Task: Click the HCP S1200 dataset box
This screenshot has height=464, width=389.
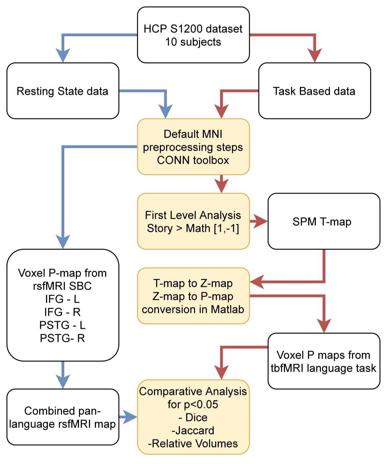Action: point(193,35)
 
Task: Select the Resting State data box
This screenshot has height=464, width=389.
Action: point(63,91)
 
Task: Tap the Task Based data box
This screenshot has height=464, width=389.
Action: point(314,91)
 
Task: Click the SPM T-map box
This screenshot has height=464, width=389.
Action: point(324,222)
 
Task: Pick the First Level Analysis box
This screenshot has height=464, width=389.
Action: point(193,222)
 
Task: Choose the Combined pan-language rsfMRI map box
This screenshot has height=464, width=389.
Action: point(63,417)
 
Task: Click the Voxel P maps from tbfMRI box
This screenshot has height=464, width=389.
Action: point(324,361)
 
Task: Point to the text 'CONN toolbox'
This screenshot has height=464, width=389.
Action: point(193,160)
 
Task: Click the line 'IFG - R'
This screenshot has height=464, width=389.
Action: point(63,312)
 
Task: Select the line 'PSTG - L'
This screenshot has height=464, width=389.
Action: point(63,325)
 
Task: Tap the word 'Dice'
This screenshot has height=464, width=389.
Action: point(196,417)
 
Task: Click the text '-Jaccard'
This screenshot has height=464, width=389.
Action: point(193,430)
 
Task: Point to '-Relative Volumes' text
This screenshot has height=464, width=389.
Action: point(193,443)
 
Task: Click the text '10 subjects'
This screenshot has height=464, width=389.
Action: point(193,42)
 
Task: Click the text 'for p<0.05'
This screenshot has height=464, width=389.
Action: point(193,404)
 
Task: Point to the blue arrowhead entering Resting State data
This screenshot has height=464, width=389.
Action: point(63,56)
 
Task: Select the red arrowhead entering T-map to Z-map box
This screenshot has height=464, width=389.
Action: point(257,282)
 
